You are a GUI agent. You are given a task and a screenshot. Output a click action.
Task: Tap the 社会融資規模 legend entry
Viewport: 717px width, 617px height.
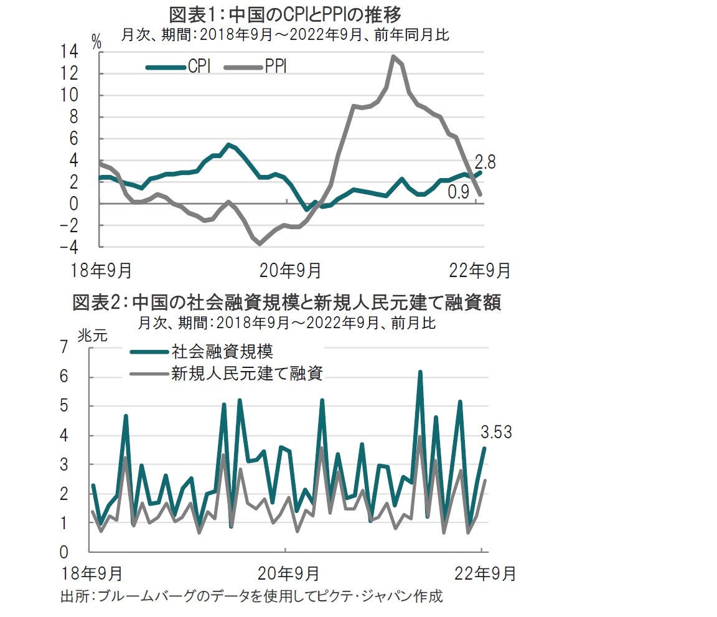(222, 351)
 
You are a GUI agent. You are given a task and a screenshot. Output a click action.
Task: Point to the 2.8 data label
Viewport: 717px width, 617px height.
(485, 162)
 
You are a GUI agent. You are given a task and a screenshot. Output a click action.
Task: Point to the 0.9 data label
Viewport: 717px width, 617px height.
(459, 193)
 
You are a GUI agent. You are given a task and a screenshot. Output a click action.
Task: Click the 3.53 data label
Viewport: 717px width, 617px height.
(495, 431)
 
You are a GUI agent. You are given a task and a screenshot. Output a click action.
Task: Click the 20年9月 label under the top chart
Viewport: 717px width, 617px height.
(290, 271)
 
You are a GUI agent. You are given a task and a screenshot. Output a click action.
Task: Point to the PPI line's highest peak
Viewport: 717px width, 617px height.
(393, 57)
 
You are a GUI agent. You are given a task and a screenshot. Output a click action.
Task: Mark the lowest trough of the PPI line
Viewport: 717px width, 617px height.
(260, 243)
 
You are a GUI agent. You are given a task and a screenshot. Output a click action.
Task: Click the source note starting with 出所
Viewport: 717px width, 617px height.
(251, 596)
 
